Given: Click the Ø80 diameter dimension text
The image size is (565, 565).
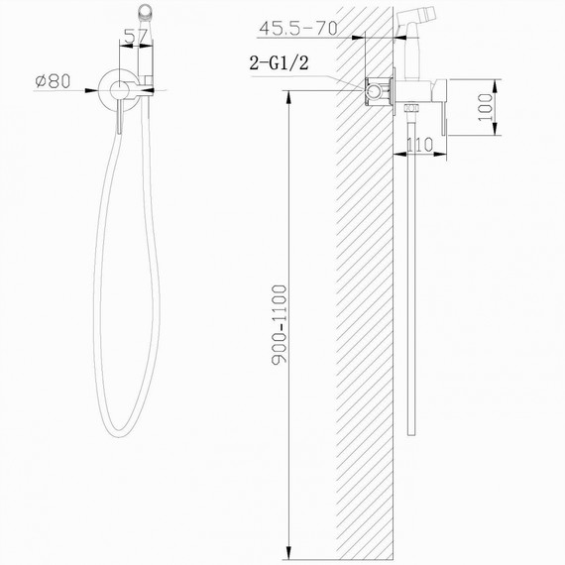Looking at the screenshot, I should (51, 82).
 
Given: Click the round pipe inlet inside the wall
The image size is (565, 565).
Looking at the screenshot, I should (376, 91).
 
